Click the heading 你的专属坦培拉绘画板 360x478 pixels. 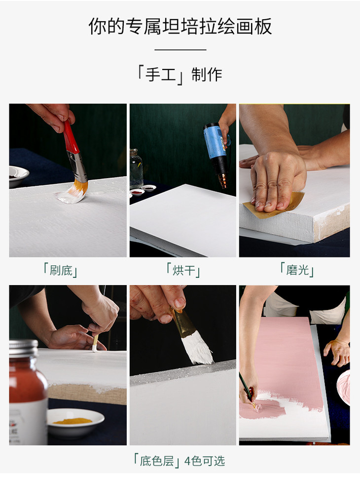click(x=180, y=26)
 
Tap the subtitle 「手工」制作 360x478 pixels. click(x=180, y=75)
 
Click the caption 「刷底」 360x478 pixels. click(x=61, y=270)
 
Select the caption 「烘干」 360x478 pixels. click(x=183, y=270)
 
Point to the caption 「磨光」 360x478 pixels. click(x=297, y=269)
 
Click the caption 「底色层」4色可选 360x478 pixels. click(x=180, y=461)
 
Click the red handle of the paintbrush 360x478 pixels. click(x=71, y=136)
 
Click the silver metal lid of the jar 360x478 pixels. click(x=23, y=348)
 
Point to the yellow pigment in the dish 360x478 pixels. click(x=72, y=421)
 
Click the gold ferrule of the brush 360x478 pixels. click(x=181, y=323)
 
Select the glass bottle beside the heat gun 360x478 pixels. click(x=136, y=168)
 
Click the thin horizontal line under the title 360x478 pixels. click(x=180, y=49)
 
